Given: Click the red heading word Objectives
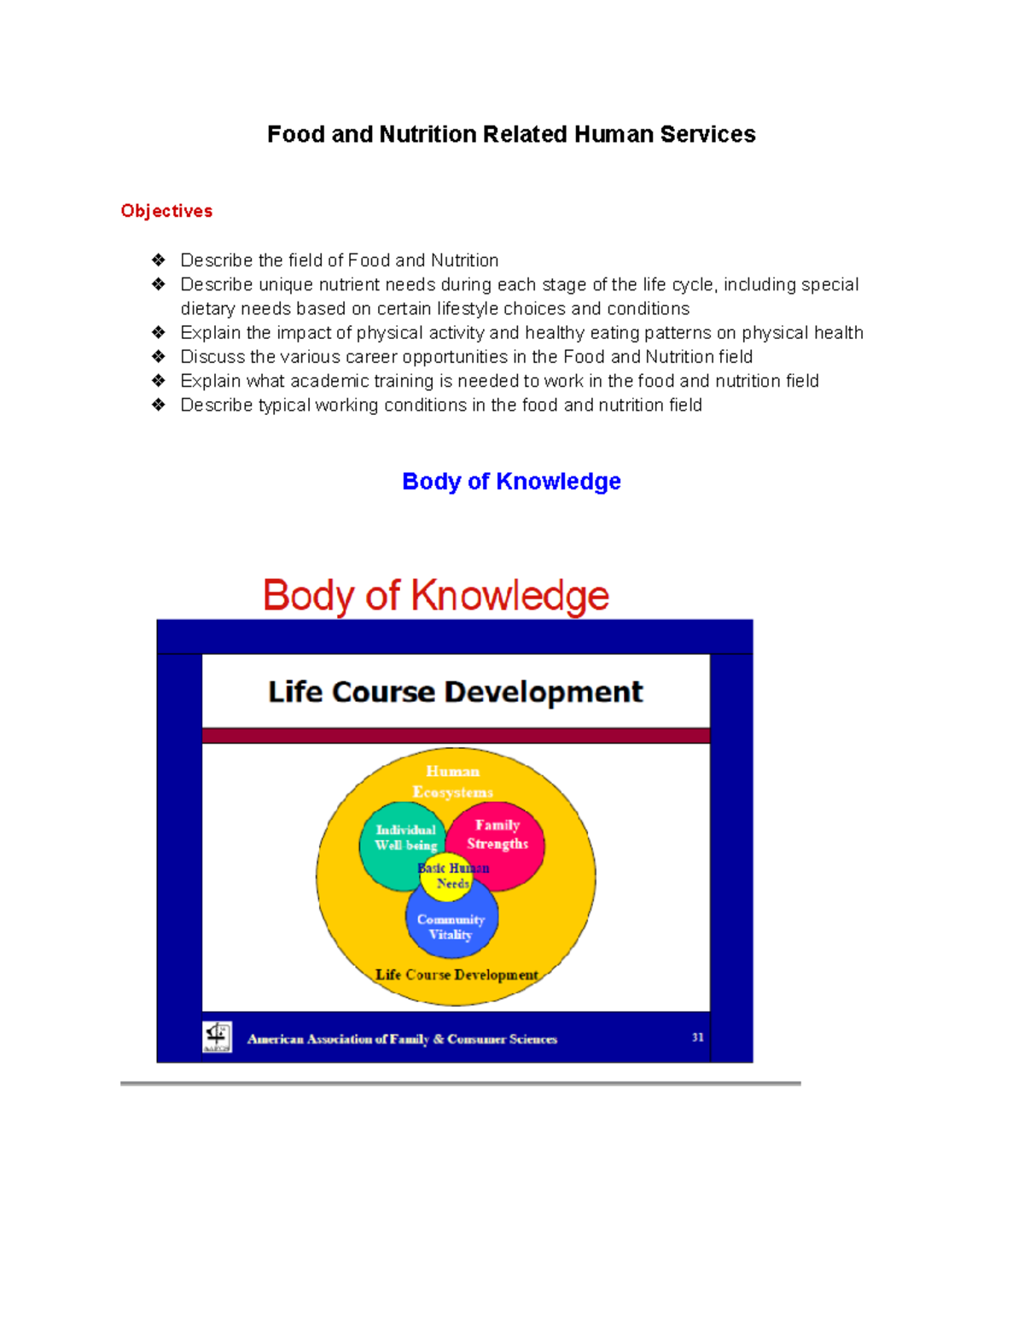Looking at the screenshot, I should pyautogui.click(x=166, y=211).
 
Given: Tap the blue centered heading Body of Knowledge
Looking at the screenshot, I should pyautogui.click(x=511, y=482).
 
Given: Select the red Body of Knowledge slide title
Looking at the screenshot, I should pyautogui.click(x=436, y=595).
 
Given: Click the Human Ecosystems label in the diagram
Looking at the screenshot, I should pyautogui.click(x=453, y=781).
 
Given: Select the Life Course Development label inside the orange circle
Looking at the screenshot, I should pyautogui.click(x=457, y=974).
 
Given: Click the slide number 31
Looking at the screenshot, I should pyautogui.click(x=697, y=1037).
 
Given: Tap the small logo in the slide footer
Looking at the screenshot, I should pyautogui.click(x=217, y=1037).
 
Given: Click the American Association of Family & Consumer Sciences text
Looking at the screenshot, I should pyautogui.click(x=402, y=1039).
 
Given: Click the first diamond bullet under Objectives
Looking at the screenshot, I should pyautogui.click(x=159, y=260).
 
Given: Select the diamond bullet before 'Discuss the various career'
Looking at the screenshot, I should pyautogui.click(x=159, y=356).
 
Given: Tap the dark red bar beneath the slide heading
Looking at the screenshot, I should pyautogui.click(x=456, y=735).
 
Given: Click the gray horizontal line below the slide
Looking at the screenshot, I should pyautogui.click(x=461, y=1083).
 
